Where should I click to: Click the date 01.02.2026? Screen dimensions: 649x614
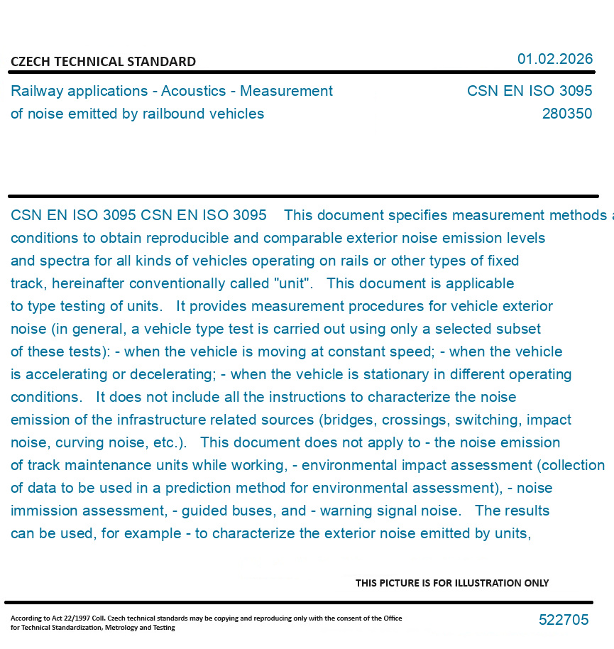point(554,59)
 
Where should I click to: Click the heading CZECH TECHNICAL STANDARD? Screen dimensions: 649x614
point(103,62)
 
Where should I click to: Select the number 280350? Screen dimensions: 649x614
point(566,114)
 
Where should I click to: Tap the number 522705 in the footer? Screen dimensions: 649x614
point(564,620)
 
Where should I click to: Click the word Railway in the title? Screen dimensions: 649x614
point(35,91)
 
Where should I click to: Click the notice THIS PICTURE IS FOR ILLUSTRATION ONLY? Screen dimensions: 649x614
point(452,583)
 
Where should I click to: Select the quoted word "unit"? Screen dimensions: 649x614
point(292,283)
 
